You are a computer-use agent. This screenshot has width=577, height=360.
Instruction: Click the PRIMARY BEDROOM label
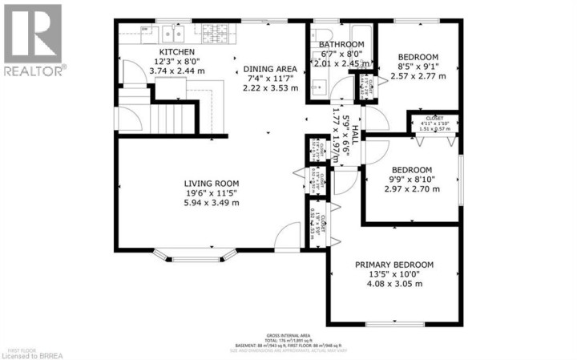[x=394, y=265]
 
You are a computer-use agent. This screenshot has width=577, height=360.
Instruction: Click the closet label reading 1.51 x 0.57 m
[x=434, y=127]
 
